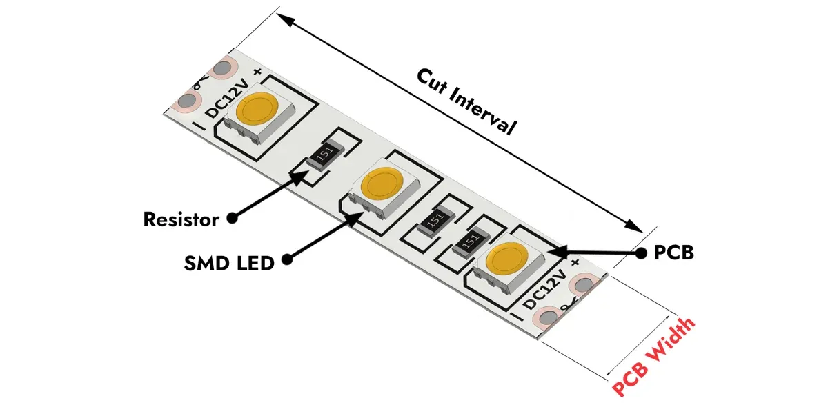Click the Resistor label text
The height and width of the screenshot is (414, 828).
181,219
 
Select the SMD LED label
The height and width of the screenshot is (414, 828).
228,262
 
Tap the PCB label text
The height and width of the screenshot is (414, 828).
673,253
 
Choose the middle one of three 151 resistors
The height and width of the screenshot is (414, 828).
433,221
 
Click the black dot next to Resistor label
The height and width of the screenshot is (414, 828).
232,218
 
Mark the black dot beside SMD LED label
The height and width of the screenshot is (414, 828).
287,260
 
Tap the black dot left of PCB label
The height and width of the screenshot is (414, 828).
642,252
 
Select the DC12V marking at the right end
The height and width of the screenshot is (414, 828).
546,290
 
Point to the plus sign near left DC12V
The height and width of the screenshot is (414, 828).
257,71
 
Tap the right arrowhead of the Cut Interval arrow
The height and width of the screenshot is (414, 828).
635,226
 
